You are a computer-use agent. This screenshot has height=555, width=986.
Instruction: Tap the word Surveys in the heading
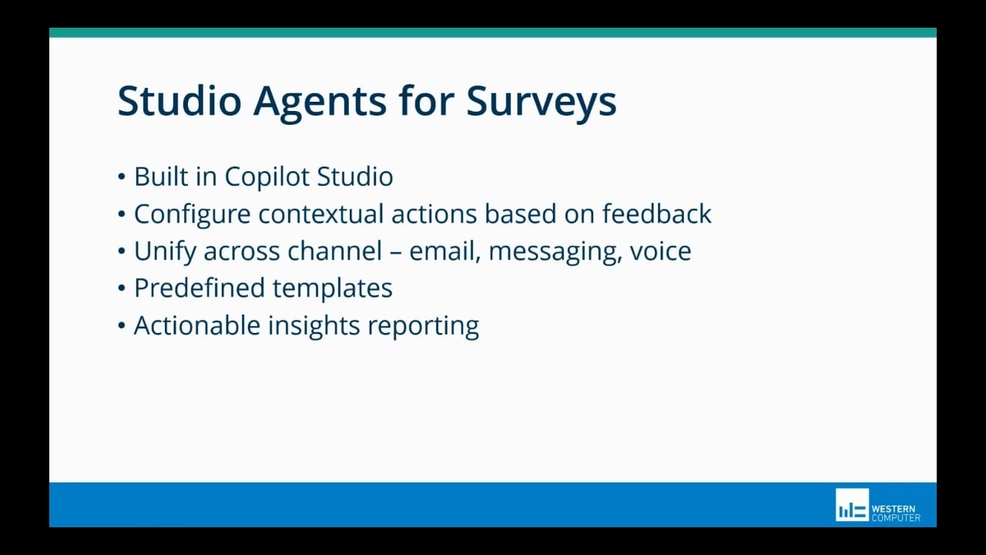pos(541,101)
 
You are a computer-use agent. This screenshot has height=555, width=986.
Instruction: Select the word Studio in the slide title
pos(179,101)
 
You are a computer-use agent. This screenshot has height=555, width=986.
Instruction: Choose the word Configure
pos(193,214)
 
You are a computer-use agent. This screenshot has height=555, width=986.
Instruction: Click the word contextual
pos(322,214)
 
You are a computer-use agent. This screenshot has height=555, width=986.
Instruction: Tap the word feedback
pos(656,214)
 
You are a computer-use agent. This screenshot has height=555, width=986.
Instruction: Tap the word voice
pos(660,251)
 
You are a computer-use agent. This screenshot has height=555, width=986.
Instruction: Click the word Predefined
pos(200,288)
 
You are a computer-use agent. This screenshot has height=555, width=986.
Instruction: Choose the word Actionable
pos(197,325)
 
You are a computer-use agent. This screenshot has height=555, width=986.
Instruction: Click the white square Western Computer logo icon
pos(852,505)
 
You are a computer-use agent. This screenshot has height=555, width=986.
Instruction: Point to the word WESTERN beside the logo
pos(894,510)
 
